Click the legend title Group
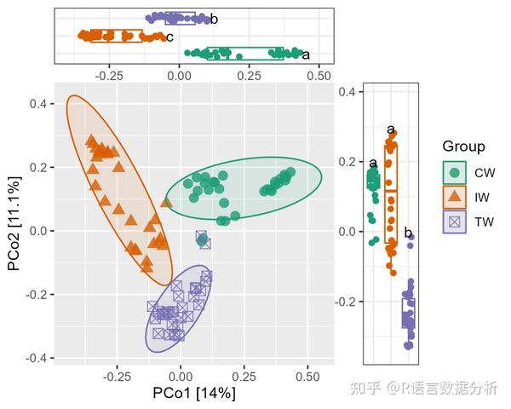tap(464, 147)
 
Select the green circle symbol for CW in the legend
tap(455, 172)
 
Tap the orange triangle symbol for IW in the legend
tap(455, 197)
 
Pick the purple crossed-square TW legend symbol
tap(455, 222)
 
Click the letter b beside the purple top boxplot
tap(214, 19)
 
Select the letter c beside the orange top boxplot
tap(169, 37)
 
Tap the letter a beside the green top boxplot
tap(306, 55)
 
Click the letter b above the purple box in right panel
tap(408, 233)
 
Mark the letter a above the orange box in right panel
tap(391, 130)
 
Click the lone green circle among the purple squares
tap(202, 241)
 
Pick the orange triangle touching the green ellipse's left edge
tap(166, 202)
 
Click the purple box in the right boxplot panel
tap(409, 313)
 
